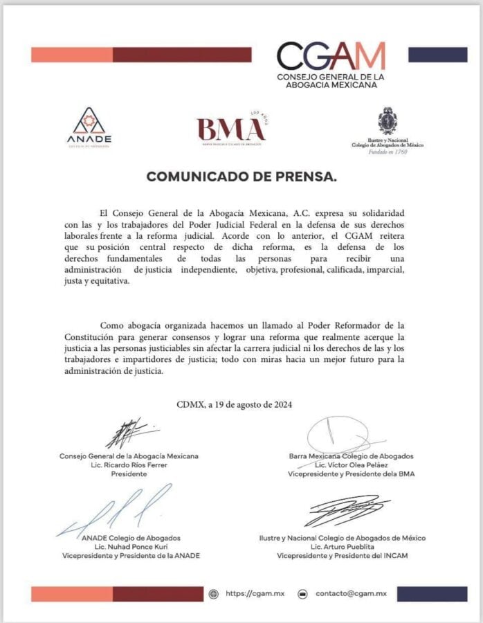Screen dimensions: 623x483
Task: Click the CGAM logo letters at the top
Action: (331, 57)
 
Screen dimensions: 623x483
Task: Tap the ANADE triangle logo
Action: (89, 122)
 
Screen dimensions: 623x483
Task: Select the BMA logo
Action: (231, 129)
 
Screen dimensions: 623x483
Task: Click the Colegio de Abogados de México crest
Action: (387, 121)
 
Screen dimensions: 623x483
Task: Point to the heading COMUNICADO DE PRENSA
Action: (241, 177)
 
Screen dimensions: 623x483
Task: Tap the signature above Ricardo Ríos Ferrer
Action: (129, 434)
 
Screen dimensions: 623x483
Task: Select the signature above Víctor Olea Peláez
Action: (341, 433)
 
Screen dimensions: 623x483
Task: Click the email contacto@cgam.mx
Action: (351, 594)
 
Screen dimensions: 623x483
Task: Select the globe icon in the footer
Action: (214, 594)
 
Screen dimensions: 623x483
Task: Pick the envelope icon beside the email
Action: (302, 594)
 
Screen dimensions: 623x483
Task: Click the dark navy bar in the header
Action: (437, 55)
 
